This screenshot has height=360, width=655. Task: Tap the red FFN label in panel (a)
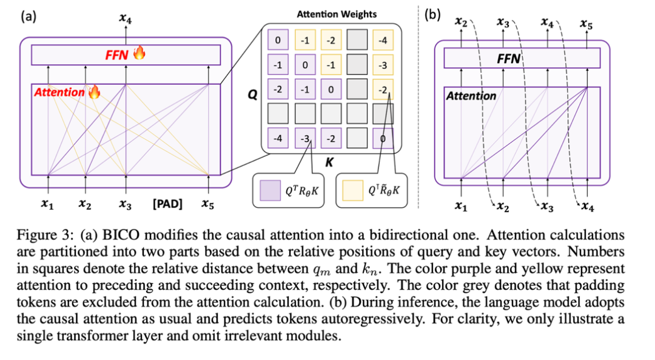pyautogui.click(x=118, y=55)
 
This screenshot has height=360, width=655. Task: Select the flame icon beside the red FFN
pyautogui.click(x=139, y=54)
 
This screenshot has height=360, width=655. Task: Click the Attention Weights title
pyautogui.click(x=337, y=13)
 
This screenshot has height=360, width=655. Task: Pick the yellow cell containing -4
pyautogui.click(x=383, y=41)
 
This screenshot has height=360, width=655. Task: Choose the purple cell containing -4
pyautogui.click(x=277, y=138)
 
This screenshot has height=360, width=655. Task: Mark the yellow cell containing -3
pyautogui.click(x=383, y=65)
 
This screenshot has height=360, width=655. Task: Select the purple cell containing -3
pyautogui.click(x=304, y=138)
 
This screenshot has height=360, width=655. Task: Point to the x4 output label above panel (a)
pyautogui.click(x=126, y=20)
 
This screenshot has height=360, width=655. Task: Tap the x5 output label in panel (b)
pyautogui.click(x=586, y=25)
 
